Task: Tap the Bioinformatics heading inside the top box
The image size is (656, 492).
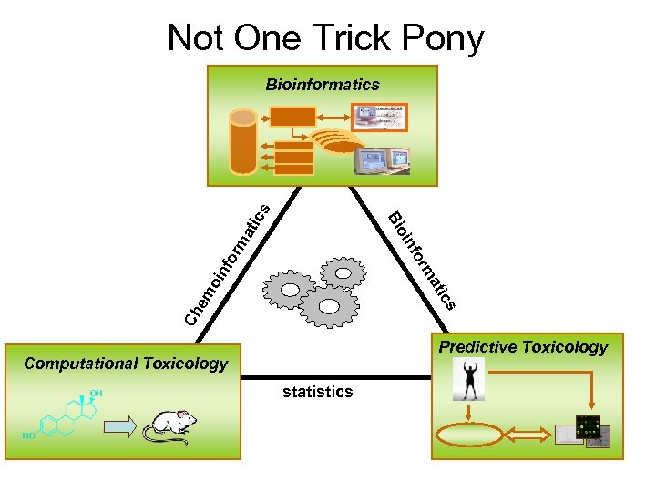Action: [323, 85]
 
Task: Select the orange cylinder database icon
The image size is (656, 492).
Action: [243, 141]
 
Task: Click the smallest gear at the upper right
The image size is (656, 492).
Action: [343, 272]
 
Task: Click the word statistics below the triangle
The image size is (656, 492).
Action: [317, 392]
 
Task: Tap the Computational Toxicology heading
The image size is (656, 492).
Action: [126, 364]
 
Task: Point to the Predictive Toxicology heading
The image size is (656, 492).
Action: [523, 347]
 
